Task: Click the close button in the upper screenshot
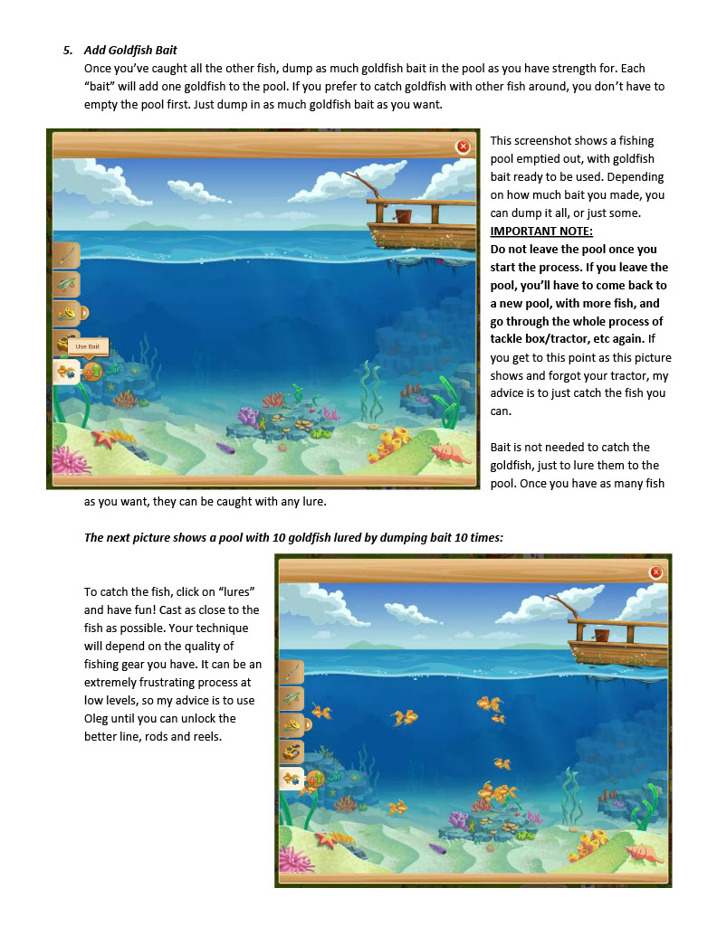pos(464,146)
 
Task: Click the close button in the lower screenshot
pos(656,572)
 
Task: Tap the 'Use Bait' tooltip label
pos(88,346)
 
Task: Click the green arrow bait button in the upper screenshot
pos(92,371)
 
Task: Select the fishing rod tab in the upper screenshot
pos(66,255)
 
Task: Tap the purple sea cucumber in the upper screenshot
pos(225,447)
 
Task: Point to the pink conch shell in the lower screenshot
pos(643,851)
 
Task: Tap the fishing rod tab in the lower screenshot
pos(292,672)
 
